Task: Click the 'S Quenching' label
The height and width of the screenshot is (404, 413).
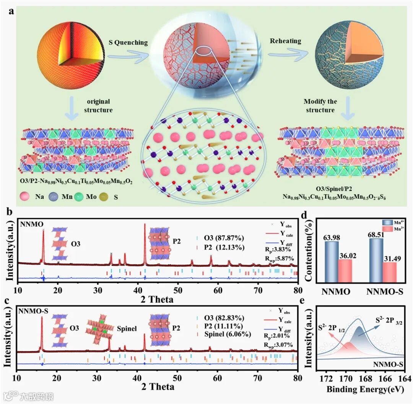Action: (128, 42)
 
